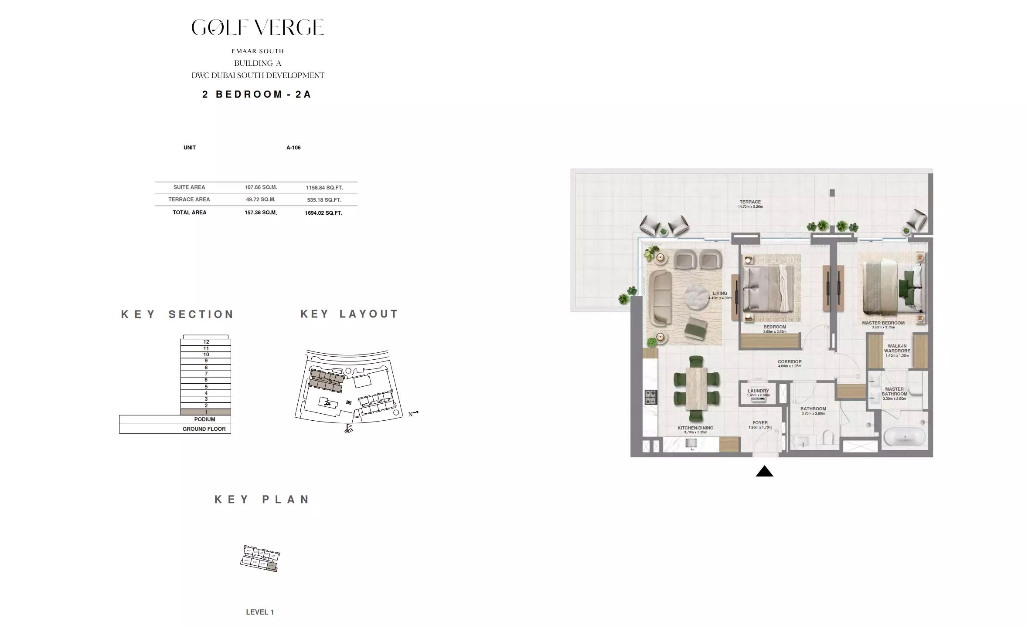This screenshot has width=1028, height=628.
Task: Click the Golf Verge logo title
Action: tap(258, 27)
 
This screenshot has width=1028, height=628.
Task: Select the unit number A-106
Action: tap(293, 148)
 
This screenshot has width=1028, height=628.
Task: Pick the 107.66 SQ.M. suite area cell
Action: tap(261, 187)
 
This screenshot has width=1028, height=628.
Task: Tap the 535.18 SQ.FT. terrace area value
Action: tap(323, 200)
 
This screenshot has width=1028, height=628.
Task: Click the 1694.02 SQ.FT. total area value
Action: tap(323, 213)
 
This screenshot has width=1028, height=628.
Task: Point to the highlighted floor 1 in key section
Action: tap(206, 412)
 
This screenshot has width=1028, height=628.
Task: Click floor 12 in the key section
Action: tap(206, 342)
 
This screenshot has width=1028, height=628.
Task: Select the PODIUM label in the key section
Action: tap(204, 419)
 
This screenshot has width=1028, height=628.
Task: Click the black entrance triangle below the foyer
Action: tap(764, 471)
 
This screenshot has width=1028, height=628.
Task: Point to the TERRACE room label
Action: tap(750, 202)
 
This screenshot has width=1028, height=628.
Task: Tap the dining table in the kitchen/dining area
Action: tap(696, 388)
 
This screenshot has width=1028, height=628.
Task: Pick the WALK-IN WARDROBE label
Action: tap(897, 348)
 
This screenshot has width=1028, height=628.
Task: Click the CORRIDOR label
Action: tap(790, 362)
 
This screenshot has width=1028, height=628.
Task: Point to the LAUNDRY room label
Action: tap(758, 391)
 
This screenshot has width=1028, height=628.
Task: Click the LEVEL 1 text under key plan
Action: tap(260, 612)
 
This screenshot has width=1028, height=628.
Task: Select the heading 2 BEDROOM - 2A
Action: tap(257, 95)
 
